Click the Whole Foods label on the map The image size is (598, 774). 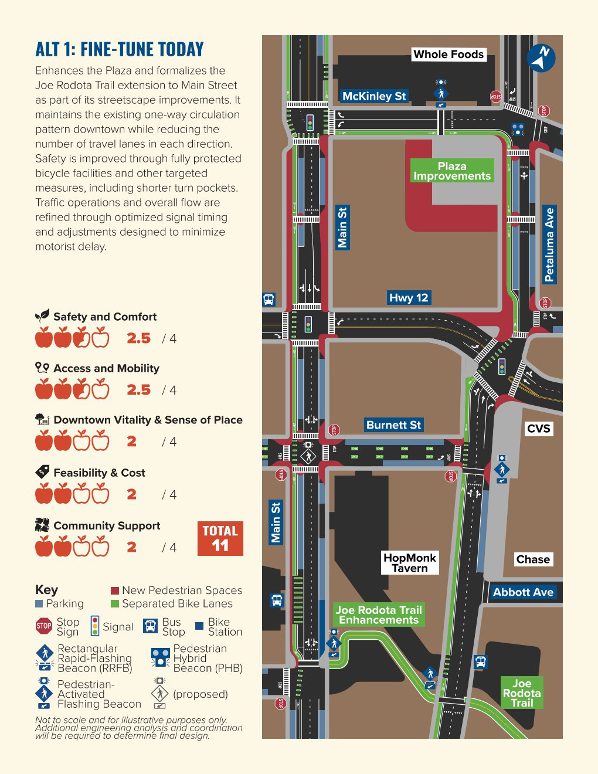[448, 55]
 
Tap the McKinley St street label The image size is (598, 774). [374, 96]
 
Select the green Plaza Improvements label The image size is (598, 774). [452, 171]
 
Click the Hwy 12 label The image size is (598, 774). [409, 298]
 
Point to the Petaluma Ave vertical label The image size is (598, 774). [549, 245]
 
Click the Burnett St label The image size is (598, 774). [393, 425]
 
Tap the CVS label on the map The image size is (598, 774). [538, 429]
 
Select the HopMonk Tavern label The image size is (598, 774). [410, 562]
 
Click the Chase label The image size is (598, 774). [533, 559]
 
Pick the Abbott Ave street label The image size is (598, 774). [523, 592]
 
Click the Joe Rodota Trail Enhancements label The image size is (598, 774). [379, 615]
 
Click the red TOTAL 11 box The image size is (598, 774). [220, 538]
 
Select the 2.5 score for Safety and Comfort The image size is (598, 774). [139, 338]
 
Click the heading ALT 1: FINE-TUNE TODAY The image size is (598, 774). [120, 49]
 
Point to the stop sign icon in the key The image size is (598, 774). [44, 626]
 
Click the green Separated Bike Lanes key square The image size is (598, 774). [115, 604]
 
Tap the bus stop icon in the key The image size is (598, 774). [151, 626]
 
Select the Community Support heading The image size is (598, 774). [107, 525]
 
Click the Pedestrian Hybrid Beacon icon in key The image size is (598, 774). [160, 658]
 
